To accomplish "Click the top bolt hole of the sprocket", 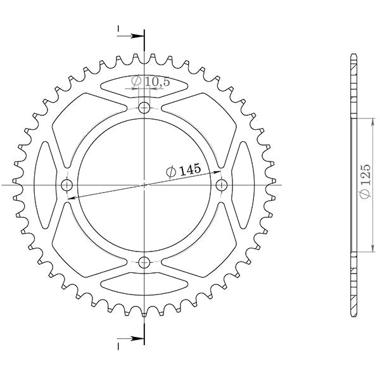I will (x=144, y=107).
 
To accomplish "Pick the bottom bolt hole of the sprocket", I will (x=144, y=262).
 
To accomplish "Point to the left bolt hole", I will (x=66, y=185).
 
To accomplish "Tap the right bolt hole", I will (x=222, y=184).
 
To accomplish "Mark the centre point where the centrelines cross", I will (x=144, y=185).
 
